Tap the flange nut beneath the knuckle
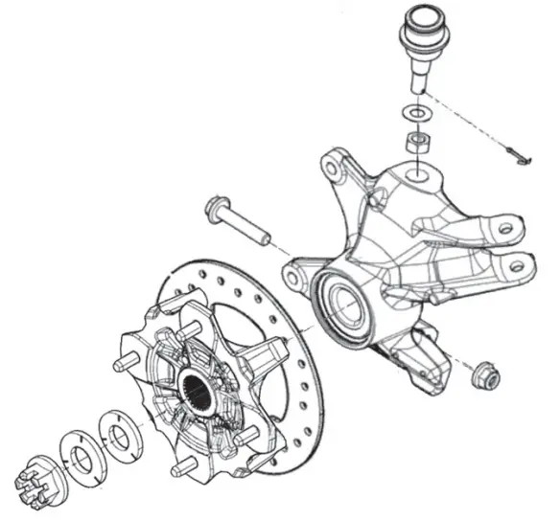click(485, 375)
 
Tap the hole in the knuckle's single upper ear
click(330, 171)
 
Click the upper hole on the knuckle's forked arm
click(502, 229)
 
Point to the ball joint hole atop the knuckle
click(418, 175)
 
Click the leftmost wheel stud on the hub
click(122, 365)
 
